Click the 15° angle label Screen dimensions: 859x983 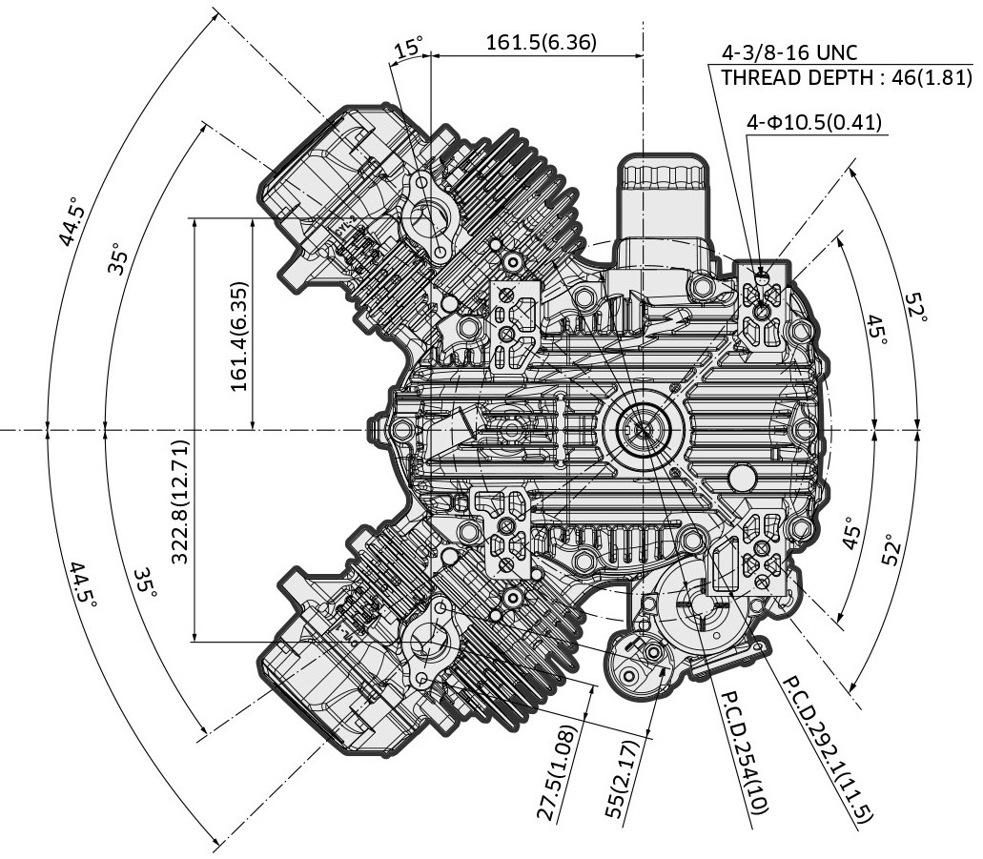(x=410, y=48)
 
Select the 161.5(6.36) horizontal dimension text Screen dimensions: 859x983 (x=541, y=42)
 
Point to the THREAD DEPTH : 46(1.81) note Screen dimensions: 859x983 (x=847, y=78)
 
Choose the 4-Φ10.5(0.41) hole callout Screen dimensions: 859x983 (x=815, y=122)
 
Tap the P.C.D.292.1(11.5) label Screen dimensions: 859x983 (x=828, y=748)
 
